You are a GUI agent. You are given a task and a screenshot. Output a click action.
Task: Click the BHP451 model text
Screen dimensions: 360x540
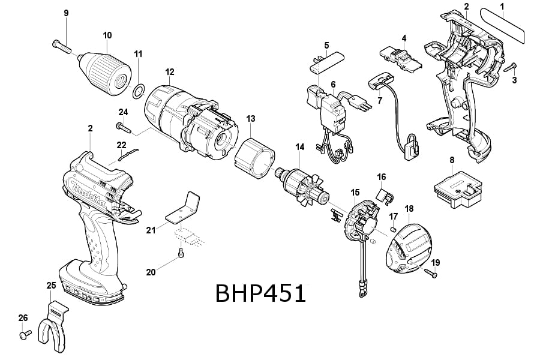coord(260,294)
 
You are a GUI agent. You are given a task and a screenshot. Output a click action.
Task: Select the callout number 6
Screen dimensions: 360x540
coord(333,84)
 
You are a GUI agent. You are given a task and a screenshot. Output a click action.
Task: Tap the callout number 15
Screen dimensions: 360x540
coord(355,193)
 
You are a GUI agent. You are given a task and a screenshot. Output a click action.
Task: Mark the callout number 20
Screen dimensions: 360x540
coord(151,272)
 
